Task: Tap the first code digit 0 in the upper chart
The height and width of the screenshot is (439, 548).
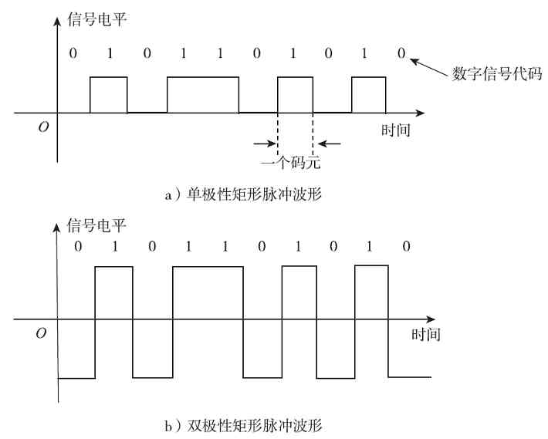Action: tap(73, 53)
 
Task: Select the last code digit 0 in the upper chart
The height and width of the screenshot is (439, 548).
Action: tap(401, 53)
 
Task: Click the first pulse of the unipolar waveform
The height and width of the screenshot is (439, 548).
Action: tap(108, 94)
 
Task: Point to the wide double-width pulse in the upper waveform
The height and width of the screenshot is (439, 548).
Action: tap(202, 94)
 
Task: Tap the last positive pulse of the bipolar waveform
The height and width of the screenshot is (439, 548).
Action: tap(371, 292)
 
